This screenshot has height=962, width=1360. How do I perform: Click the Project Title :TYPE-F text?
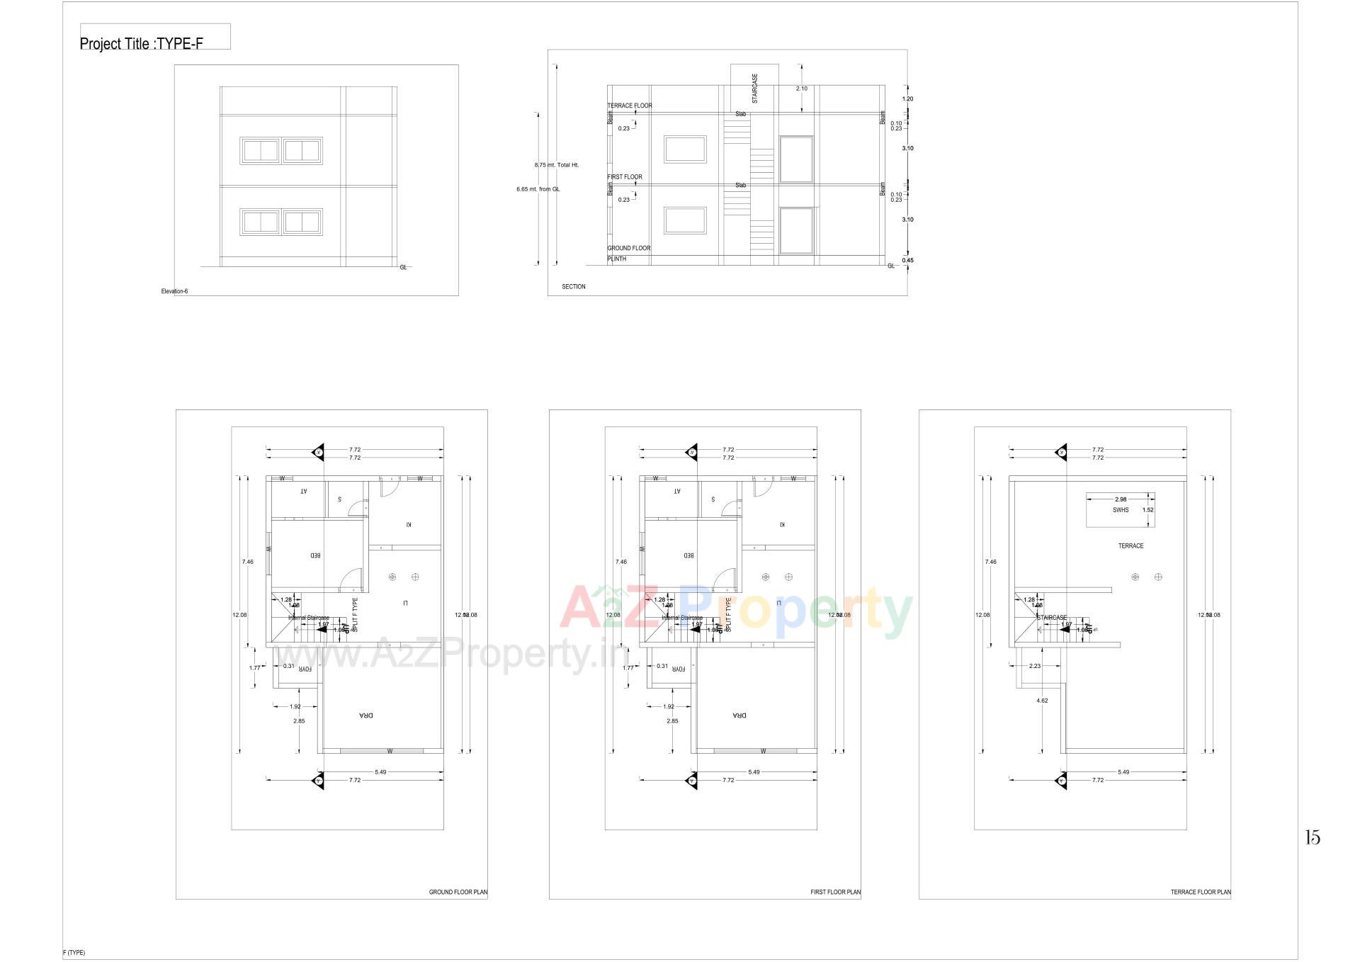(141, 44)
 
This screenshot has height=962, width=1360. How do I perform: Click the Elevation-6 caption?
(174, 291)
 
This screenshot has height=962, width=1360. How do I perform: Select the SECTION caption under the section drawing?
(573, 287)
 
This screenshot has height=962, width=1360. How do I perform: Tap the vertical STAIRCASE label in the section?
(754, 88)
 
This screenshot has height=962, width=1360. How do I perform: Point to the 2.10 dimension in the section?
(801, 89)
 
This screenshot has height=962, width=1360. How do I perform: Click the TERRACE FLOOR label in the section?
(629, 106)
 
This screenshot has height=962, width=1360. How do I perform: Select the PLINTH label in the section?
(616, 259)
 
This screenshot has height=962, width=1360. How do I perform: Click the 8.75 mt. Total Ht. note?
(556, 165)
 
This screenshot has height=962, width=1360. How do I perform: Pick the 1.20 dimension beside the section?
(907, 99)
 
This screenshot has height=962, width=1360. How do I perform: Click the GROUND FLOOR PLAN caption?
(458, 893)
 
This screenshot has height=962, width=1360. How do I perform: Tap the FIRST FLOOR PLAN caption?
(835, 893)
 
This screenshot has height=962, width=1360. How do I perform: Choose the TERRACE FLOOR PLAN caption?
(1200, 893)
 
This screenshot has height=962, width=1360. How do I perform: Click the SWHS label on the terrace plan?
(1120, 510)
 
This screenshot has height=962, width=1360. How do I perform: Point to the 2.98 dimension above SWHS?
(1120, 499)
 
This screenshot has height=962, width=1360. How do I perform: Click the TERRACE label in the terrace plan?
(1130, 546)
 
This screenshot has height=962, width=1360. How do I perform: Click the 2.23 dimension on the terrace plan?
(1034, 666)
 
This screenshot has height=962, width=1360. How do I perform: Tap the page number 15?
(1312, 838)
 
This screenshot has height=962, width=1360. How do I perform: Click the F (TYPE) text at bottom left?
(74, 953)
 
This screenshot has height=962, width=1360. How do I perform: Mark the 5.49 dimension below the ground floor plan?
(380, 772)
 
